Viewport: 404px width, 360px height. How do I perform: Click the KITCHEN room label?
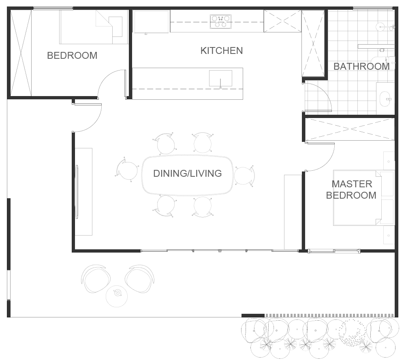click(x=222, y=51)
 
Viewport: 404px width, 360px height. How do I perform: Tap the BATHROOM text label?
click(x=361, y=66)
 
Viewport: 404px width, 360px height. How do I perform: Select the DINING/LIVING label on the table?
click(x=188, y=174)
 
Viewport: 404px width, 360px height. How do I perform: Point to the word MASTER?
click(x=352, y=184)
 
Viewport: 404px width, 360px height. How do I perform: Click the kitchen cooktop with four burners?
click(x=220, y=21)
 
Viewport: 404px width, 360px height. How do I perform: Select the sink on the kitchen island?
click(x=220, y=78)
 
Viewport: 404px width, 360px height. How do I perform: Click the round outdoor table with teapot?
click(x=117, y=296)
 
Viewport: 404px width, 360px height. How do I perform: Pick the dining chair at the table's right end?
click(x=244, y=176)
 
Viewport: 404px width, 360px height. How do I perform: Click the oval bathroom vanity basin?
click(x=385, y=99)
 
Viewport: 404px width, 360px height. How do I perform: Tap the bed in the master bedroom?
click(x=363, y=198)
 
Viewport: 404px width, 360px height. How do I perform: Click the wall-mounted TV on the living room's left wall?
click(x=77, y=192)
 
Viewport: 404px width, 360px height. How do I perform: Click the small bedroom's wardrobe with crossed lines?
click(x=21, y=53)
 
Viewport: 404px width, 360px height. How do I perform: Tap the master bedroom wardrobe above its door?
click(x=350, y=129)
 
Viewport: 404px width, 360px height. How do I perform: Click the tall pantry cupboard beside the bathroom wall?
click(x=313, y=43)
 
